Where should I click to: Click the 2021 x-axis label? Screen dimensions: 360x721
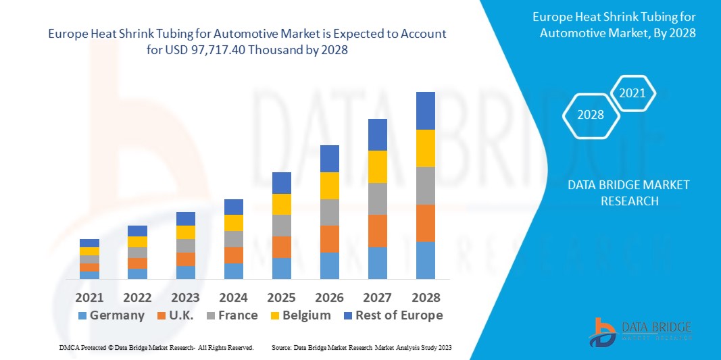coord(89,297)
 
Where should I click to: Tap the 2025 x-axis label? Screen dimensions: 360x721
coord(281,297)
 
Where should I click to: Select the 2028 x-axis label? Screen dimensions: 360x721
coord(426,297)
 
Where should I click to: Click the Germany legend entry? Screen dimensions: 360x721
coord(111,315)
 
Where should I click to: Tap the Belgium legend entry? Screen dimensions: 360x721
coord(299,315)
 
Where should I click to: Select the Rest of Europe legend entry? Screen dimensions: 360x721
coord(391,315)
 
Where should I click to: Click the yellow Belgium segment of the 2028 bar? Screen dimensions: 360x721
coord(426,148)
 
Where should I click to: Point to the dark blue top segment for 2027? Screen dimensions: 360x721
coord(378,134)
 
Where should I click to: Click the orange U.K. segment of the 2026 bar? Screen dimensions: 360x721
coord(329,239)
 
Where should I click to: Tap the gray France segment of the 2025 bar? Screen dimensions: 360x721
coord(281,226)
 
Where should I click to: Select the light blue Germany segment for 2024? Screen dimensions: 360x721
coord(233,271)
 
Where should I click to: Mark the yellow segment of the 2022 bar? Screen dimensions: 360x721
coord(137,242)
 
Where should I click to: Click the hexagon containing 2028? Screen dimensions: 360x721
coord(591,115)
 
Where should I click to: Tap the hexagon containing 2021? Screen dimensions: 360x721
coord(632,93)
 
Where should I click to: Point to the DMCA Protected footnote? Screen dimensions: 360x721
coord(156,347)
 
